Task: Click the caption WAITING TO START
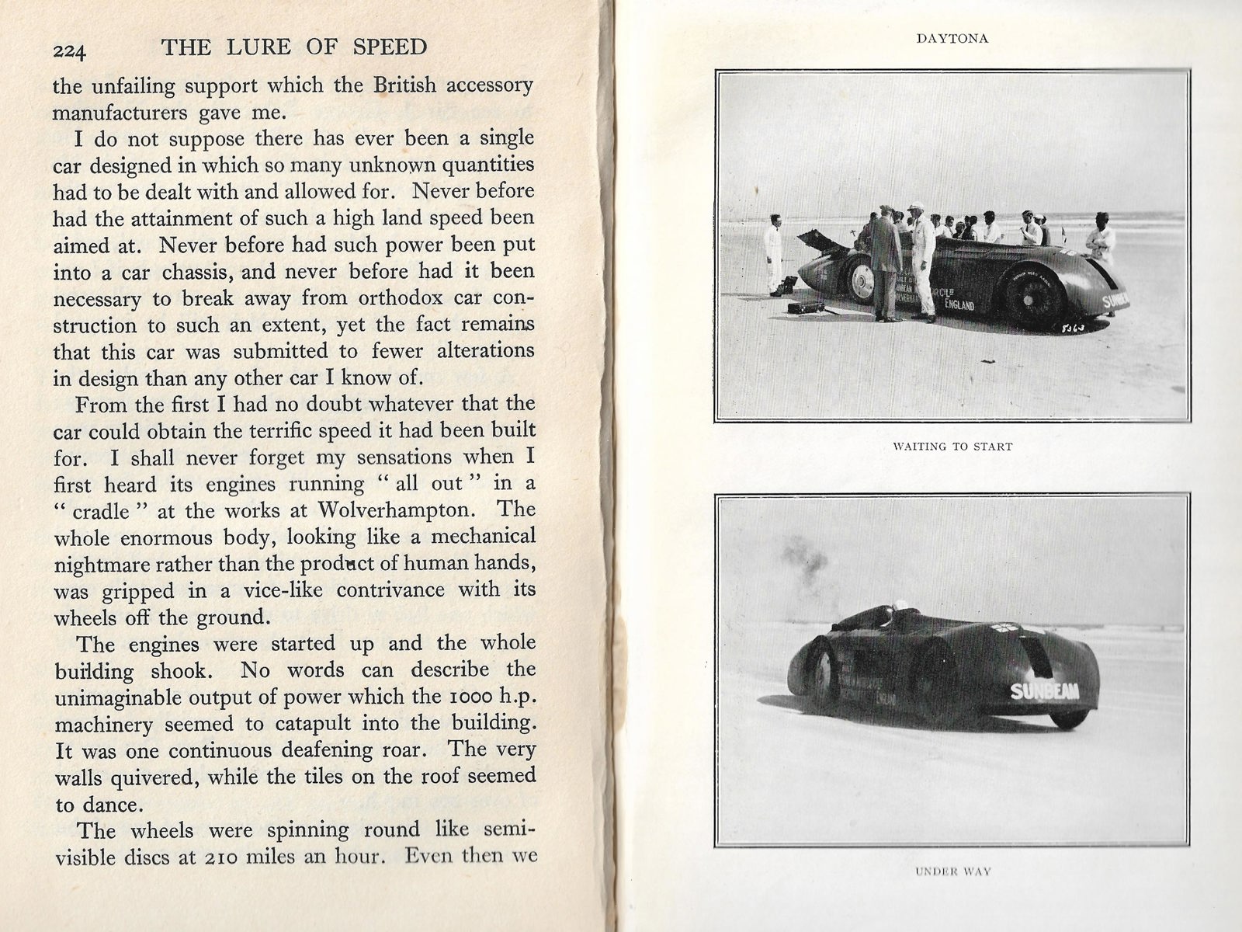(952, 447)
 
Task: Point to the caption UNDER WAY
(952, 871)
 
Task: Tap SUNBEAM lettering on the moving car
(1043, 690)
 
